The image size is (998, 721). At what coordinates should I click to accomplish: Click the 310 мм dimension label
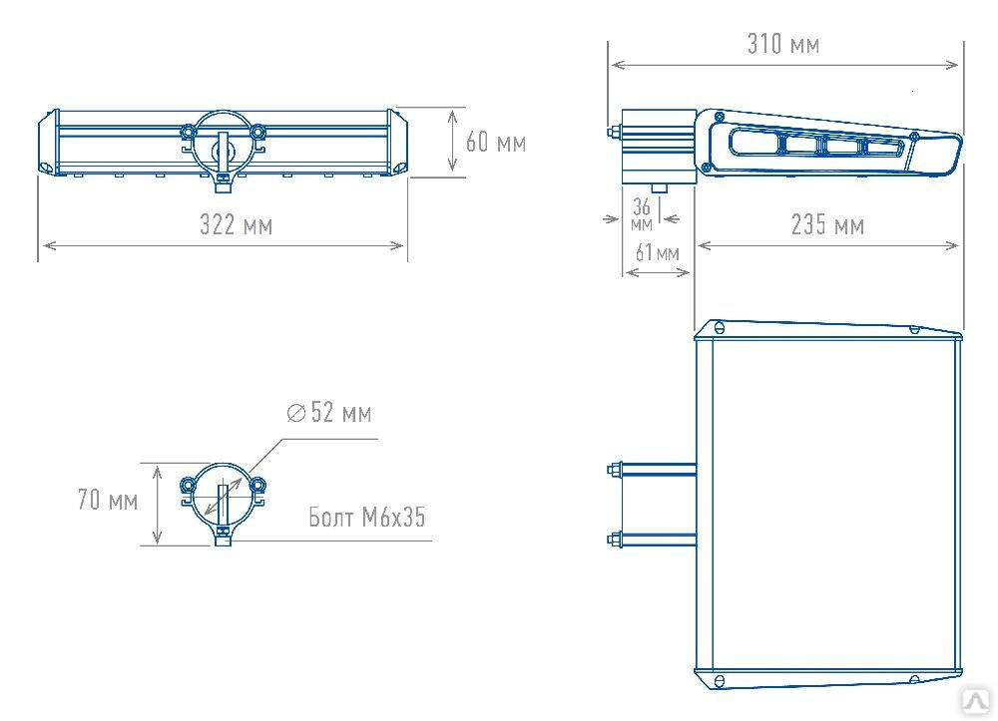pyautogui.click(x=782, y=44)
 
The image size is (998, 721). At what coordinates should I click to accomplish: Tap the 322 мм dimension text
pyautogui.click(x=237, y=225)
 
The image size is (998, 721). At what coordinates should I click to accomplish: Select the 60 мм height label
pyautogui.click(x=496, y=142)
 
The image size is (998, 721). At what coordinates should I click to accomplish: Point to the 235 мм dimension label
pyautogui.click(x=827, y=225)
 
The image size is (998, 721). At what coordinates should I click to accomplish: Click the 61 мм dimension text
pyautogui.click(x=658, y=253)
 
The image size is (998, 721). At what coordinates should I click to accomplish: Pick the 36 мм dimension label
pyautogui.click(x=642, y=213)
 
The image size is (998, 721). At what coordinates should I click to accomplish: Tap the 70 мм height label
pyautogui.click(x=108, y=500)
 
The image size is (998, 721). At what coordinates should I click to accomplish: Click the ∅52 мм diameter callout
pyautogui.click(x=329, y=413)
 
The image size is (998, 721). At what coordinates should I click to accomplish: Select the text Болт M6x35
pyautogui.click(x=366, y=517)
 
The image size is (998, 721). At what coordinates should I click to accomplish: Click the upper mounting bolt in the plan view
pyautogui.click(x=652, y=470)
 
